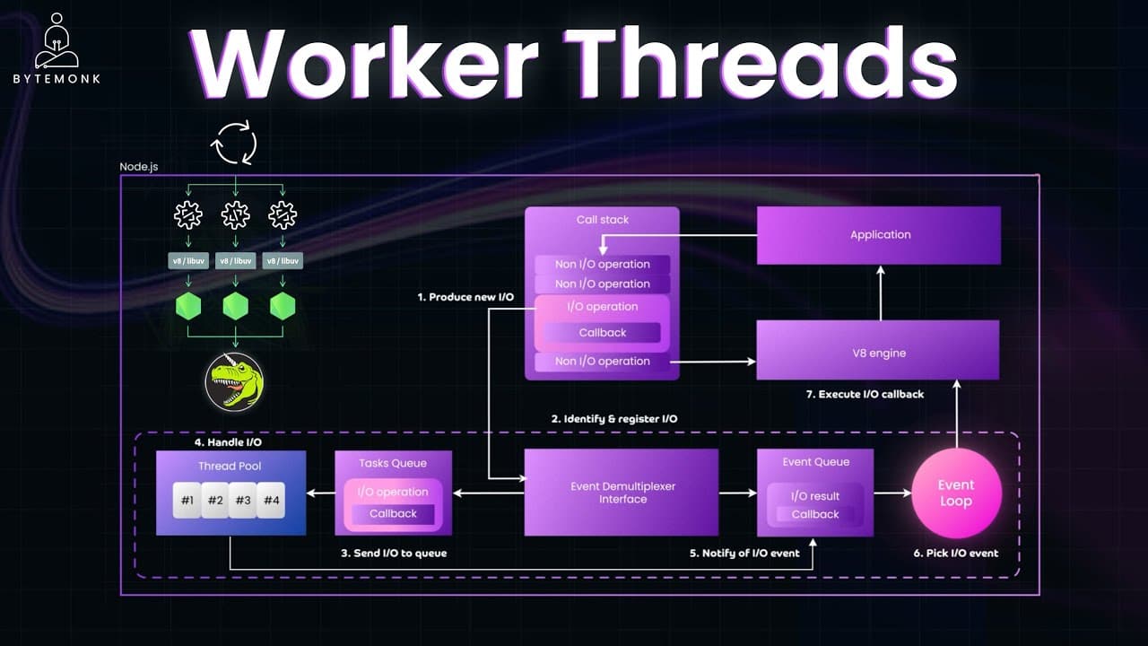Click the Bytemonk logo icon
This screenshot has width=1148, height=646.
coord(57,41)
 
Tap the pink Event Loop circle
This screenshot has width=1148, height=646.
coord(956,493)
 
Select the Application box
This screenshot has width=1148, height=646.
coord(879,235)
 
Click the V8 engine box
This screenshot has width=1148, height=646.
coord(878,350)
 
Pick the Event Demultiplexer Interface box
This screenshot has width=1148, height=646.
coord(622,493)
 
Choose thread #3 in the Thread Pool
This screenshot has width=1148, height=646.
coord(243,500)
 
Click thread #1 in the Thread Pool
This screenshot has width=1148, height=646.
coord(187,500)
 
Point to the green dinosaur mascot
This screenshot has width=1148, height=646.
coord(235,382)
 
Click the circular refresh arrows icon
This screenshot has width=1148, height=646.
coord(234,143)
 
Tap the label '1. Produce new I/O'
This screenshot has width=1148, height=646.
coord(465,297)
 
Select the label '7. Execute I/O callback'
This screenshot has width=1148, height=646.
coord(865,394)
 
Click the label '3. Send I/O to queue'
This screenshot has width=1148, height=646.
coord(394,554)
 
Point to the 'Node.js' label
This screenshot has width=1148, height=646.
coord(139,167)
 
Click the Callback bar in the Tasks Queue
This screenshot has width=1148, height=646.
coord(393,514)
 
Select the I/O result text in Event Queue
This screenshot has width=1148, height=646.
coord(815,496)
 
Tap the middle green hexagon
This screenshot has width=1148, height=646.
coord(236,306)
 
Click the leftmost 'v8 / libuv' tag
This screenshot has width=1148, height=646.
coord(188,261)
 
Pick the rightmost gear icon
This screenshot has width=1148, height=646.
coord(283,214)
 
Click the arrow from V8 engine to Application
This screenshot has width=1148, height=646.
coord(881,292)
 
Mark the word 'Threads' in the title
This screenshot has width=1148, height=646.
coord(763,63)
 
